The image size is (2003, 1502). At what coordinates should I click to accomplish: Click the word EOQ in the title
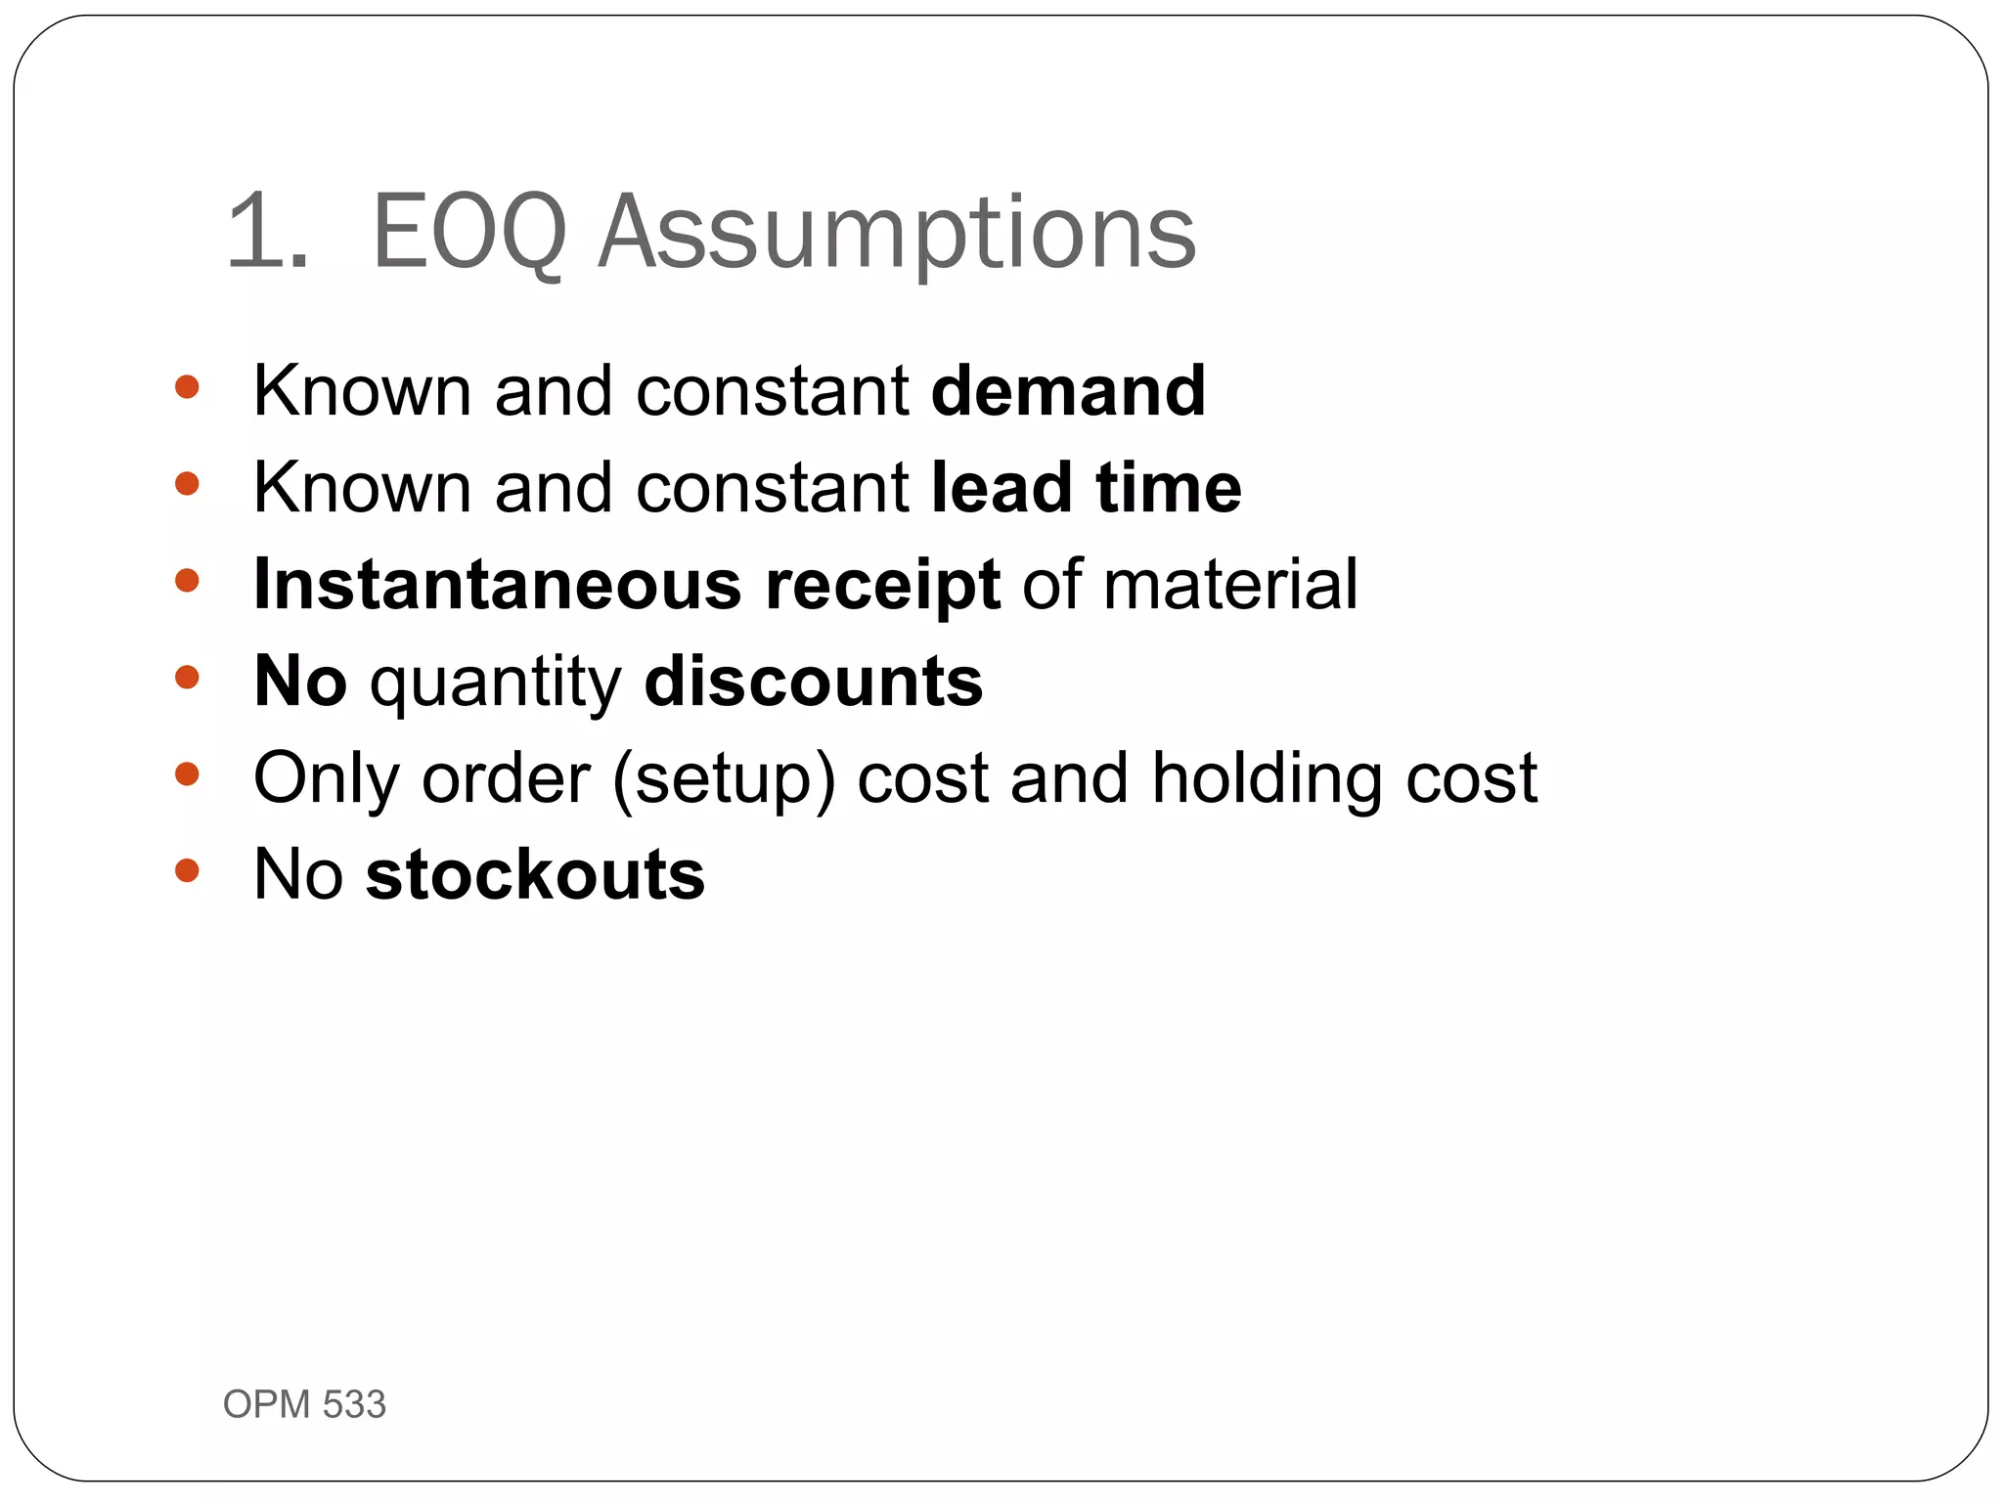click(x=469, y=233)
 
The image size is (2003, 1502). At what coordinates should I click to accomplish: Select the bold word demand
click(x=1068, y=390)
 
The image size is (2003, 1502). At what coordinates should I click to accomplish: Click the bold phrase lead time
click(x=1086, y=487)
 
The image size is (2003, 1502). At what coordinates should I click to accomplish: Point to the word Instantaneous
click(x=497, y=584)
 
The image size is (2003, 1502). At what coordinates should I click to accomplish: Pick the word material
click(x=1230, y=584)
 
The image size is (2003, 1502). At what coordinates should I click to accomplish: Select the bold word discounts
click(x=814, y=681)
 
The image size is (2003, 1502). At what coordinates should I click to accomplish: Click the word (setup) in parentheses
click(x=725, y=779)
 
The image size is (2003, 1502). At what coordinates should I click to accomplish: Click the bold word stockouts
click(x=535, y=874)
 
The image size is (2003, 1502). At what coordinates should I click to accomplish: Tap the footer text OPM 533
click(x=304, y=1404)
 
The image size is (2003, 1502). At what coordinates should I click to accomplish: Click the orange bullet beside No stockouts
click(x=187, y=870)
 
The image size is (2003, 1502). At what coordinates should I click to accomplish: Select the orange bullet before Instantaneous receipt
click(x=187, y=581)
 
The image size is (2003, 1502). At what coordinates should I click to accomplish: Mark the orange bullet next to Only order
click(x=187, y=774)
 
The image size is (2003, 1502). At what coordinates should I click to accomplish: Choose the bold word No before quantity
click(x=300, y=681)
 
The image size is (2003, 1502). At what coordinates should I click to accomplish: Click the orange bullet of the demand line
click(x=187, y=387)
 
